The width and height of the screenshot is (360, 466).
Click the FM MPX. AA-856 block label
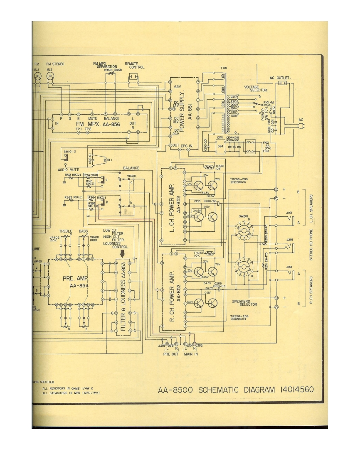point(99,124)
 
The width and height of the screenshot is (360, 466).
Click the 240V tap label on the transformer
point(234,97)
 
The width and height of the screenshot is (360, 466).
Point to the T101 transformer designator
point(224,68)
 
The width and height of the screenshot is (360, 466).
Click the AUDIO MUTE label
point(67,169)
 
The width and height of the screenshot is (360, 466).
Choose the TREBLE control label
point(66,231)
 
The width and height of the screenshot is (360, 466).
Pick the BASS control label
point(84,231)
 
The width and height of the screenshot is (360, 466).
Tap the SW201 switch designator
point(244,216)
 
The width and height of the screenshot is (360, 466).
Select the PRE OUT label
point(171,354)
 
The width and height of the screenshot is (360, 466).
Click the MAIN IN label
point(191,354)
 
